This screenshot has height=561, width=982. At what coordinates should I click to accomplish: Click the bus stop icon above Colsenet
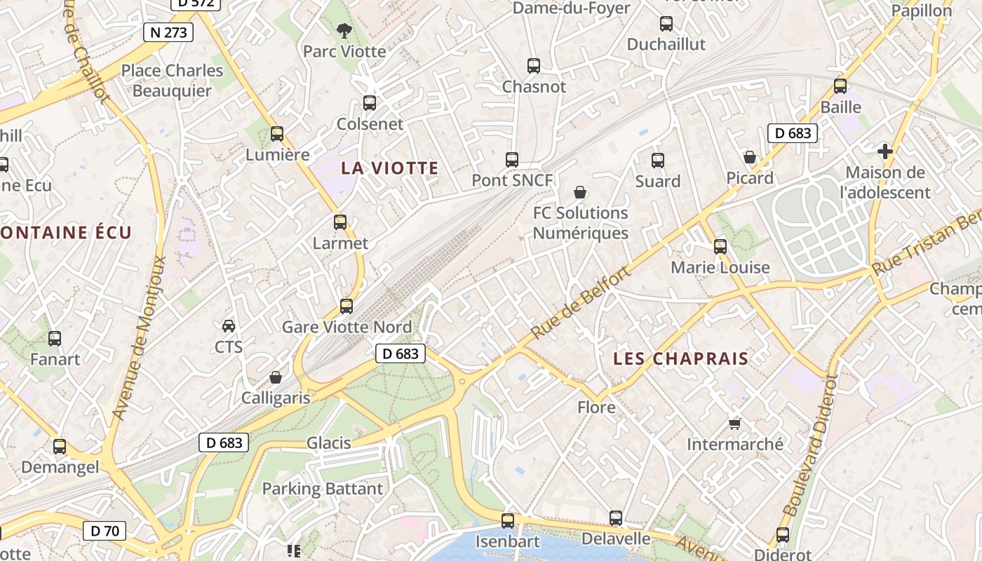click(x=370, y=103)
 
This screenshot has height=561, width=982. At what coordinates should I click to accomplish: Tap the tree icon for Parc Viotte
click(x=344, y=31)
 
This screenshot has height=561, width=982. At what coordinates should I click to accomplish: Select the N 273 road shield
click(x=168, y=32)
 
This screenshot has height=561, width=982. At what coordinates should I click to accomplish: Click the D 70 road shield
click(x=105, y=531)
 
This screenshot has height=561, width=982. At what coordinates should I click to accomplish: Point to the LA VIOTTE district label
click(x=389, y=168)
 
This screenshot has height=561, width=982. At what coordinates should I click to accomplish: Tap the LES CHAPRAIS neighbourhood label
click(x=680, y=359)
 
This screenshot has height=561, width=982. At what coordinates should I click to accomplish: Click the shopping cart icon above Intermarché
click(x=734, y=424)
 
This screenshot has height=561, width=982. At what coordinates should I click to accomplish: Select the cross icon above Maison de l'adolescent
click(x=885, y=151)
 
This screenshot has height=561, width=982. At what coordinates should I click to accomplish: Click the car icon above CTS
click(x=229, y=326)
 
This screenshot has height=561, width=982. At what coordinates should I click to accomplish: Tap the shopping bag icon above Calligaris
click(x=276, y=377)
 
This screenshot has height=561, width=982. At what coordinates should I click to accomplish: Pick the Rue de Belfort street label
click(x=580, y=303)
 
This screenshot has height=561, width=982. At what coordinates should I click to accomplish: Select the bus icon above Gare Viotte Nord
click(x=347, y=306)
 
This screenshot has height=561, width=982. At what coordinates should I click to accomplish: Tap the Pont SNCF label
click(x=512, y=180)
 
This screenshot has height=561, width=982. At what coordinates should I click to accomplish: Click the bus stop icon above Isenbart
click(x=508, y=521)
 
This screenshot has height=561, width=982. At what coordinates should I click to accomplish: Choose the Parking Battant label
click(x=323, y=489)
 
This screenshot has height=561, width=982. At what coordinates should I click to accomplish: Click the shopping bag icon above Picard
click(x=750, y=157)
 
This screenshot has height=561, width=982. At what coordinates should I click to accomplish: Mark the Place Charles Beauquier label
click(x=172, y=81)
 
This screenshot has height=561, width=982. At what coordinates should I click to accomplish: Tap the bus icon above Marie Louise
click(x=720, y=247)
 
